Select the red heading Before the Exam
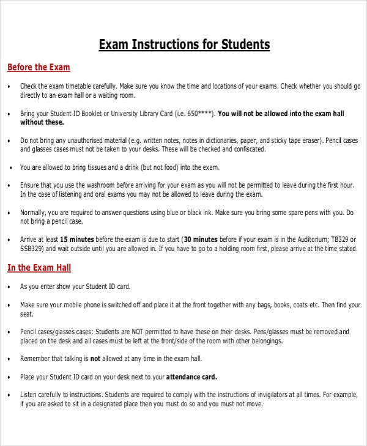39,67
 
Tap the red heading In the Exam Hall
39,267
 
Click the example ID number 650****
201,113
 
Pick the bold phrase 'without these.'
42,122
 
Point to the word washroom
96,185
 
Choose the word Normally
33,213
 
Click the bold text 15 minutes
77,239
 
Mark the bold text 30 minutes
201,239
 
